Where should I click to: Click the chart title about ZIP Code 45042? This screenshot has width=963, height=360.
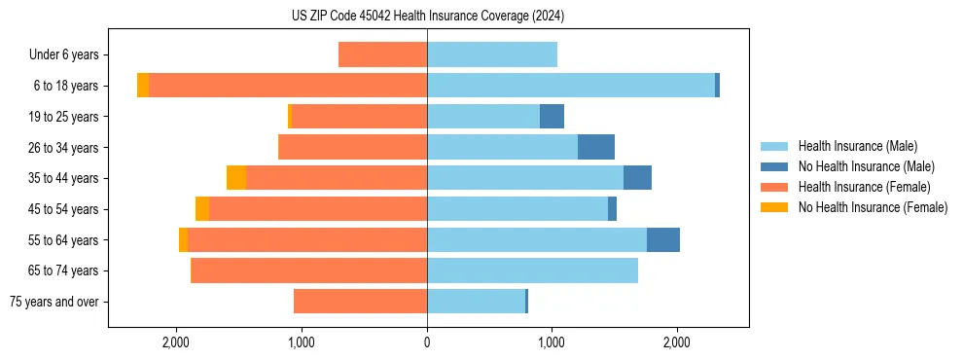pos(427,17)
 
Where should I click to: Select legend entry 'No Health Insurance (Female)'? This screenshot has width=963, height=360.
pos(873,207)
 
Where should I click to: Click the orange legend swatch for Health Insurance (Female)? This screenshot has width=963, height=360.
pos(774,187)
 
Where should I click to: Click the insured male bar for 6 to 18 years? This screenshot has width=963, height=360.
pos(571,86)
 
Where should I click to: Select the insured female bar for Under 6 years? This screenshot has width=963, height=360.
pos(382,54)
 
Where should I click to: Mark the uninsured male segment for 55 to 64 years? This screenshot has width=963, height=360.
pos(663,239)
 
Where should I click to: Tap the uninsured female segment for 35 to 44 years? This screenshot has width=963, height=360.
pos(236,178)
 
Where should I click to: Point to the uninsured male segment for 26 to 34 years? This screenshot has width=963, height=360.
pos(596,147)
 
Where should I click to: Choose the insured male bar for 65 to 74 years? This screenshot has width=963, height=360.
pos(532,270)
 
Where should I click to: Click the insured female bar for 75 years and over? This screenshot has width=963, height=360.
pos(360,302)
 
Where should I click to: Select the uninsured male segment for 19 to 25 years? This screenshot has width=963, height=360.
pos(552,116)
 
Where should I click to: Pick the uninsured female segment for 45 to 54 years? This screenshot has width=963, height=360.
pos(202,209)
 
